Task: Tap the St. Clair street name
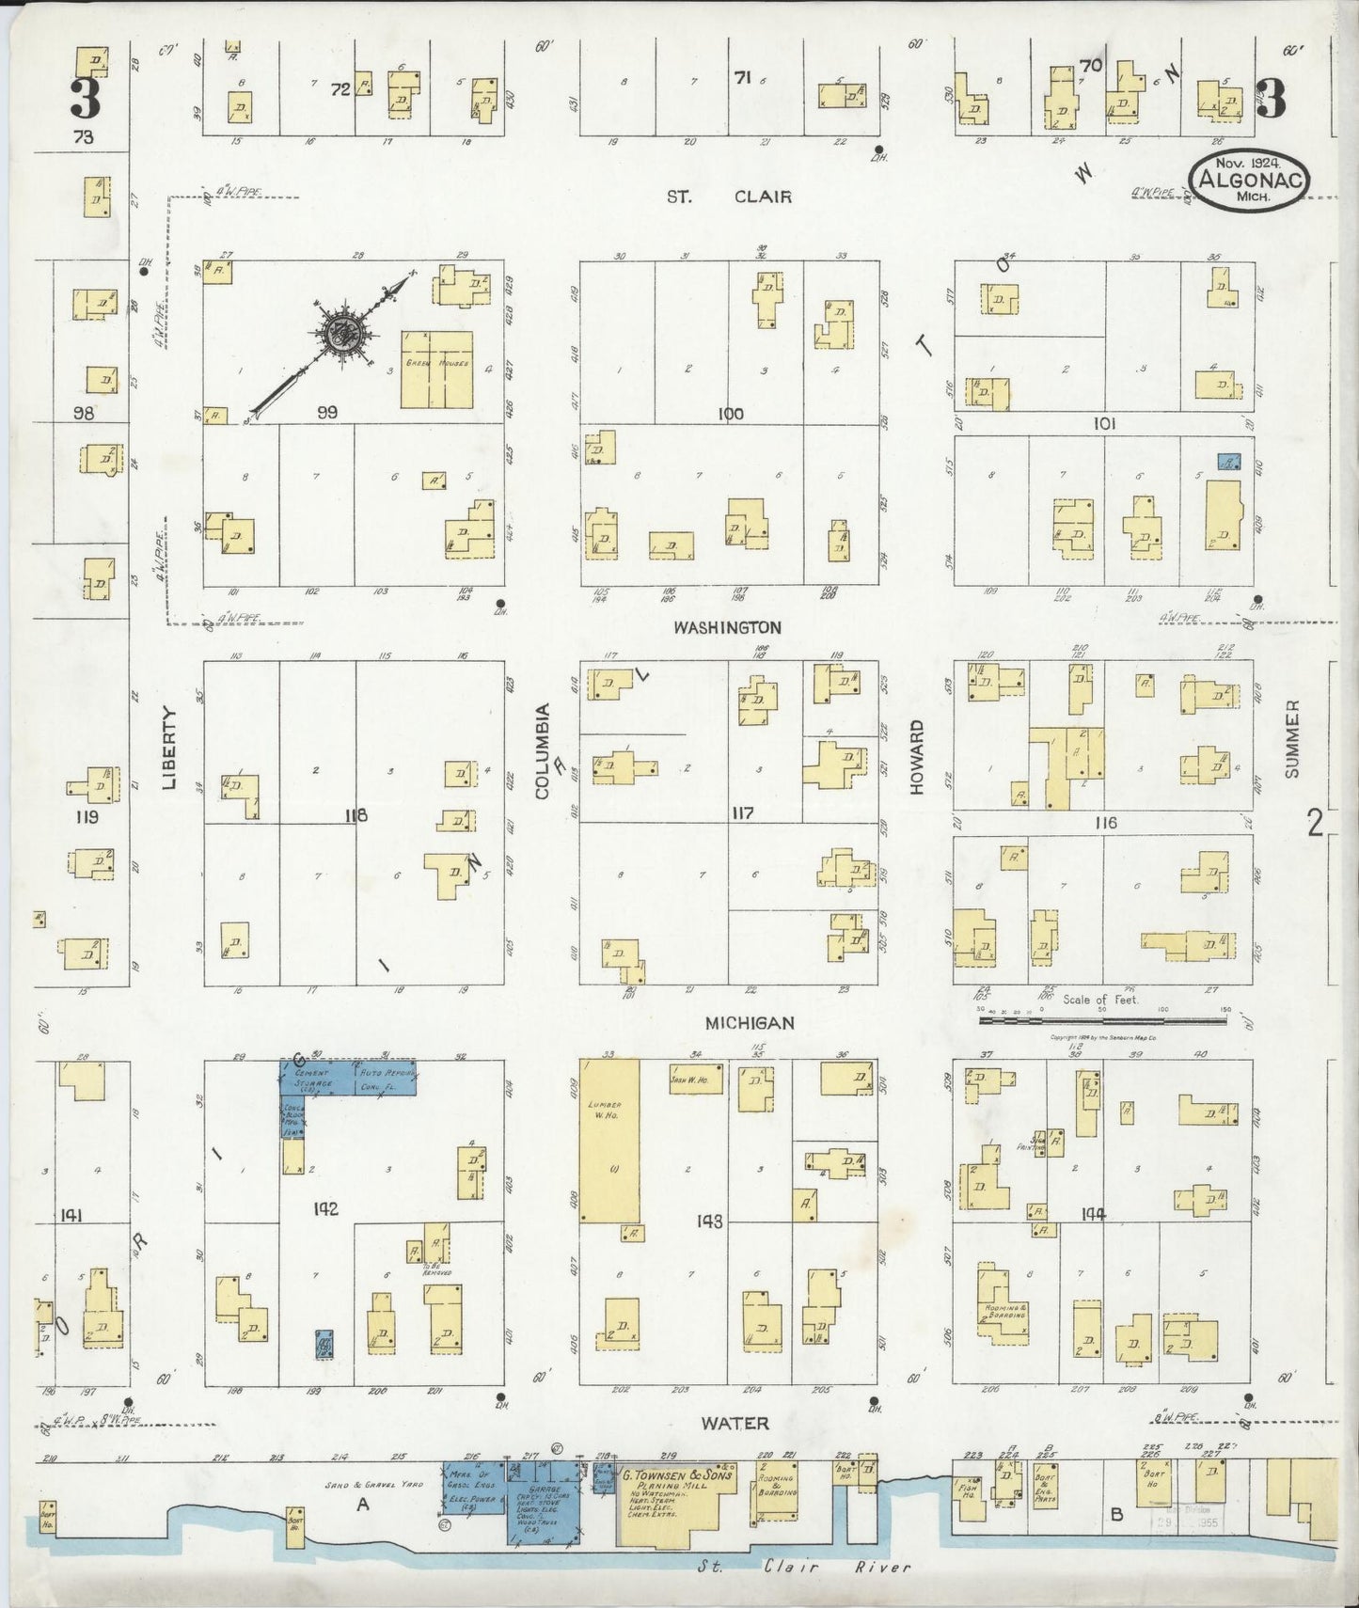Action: coord(729,197)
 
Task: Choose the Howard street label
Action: coord(917,756)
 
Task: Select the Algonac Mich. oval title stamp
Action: coord(1248,179)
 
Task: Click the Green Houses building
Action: coord(436,369)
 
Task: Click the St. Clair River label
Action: coord(805,1567)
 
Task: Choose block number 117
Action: coord(742,812)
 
